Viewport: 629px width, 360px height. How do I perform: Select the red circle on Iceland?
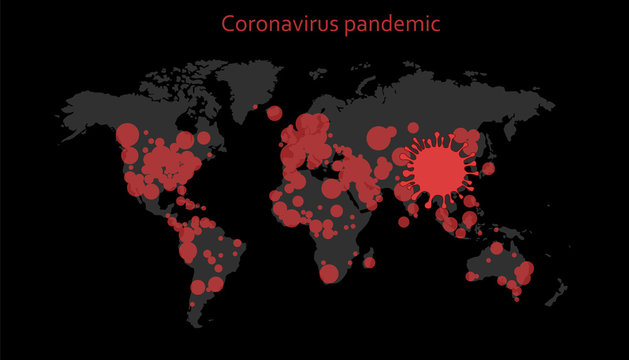275,113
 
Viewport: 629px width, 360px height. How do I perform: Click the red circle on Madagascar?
369,262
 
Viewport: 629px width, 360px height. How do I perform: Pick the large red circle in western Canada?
128,134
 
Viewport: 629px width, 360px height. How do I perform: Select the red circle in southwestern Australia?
471,275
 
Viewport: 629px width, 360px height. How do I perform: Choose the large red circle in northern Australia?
497,248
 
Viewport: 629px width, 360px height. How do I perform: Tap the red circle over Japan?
488,168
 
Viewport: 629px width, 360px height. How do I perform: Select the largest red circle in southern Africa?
331,272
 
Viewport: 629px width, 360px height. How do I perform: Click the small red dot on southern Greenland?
255,106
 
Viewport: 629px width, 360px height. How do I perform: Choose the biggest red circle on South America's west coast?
188,251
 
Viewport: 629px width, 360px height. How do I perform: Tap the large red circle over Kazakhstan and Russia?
380,138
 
